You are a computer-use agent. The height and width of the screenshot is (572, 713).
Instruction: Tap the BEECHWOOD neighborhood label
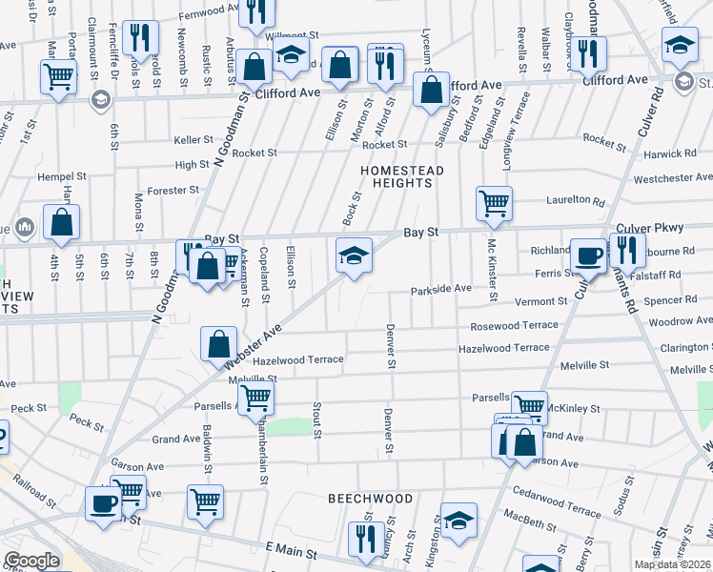tap(371, 499)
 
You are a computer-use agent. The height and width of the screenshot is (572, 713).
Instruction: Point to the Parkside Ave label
tap(441, 289)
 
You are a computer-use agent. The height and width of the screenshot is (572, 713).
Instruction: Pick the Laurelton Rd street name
tap(576, 201)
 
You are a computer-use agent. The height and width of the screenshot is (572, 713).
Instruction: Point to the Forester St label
tap(173, 190)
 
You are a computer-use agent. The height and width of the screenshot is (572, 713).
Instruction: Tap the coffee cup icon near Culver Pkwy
tap(588, 255)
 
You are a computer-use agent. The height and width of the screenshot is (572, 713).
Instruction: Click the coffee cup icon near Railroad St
tap(103, 502)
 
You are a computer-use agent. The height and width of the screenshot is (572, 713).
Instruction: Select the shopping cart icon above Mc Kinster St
tap(494, 202)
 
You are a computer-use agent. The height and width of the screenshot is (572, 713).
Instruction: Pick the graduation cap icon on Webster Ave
tap(353, 255)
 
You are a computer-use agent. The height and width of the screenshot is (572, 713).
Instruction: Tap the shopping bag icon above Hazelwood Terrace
tap(218, 342)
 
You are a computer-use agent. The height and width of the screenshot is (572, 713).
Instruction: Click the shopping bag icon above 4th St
tap(61, 222)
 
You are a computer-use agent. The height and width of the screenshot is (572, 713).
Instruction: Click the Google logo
tap(31, 562)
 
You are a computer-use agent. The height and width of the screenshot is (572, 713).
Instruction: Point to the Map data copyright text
tap(673, 564)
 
